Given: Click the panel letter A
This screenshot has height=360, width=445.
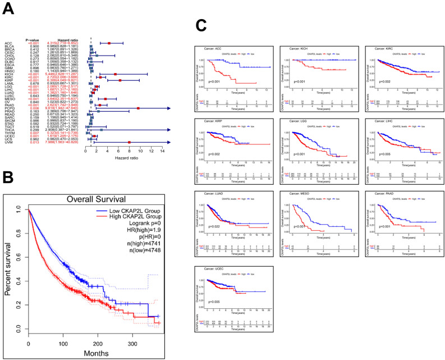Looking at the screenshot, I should (x=8, y=8).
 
